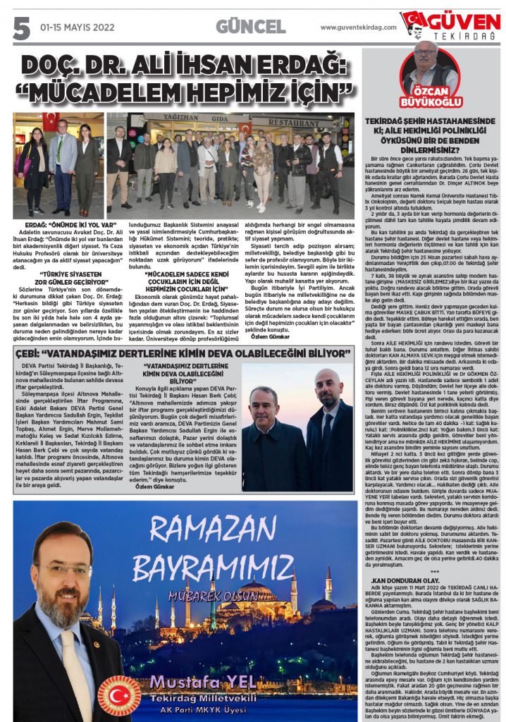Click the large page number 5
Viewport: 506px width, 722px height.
pos(22,27)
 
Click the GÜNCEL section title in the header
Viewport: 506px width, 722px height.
pos(250,27)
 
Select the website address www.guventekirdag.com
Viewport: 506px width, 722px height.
pos(358,27)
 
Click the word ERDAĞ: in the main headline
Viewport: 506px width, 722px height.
pos(300,66)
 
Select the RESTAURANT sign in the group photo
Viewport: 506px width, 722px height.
pos(301,121)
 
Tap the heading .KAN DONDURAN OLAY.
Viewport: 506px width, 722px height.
pos(402,580)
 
